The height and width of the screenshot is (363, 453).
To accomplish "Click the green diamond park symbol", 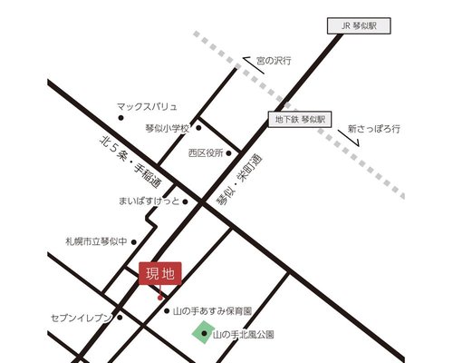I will point(201,335).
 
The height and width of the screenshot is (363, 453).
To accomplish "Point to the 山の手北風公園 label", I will point(242,335).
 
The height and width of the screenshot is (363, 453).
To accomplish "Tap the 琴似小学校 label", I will point(166,130).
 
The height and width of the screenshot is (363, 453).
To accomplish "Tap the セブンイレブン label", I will point(81,318).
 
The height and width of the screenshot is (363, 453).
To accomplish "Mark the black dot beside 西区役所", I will point(229,153).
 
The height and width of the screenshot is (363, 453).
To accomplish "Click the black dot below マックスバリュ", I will point(120,118).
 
